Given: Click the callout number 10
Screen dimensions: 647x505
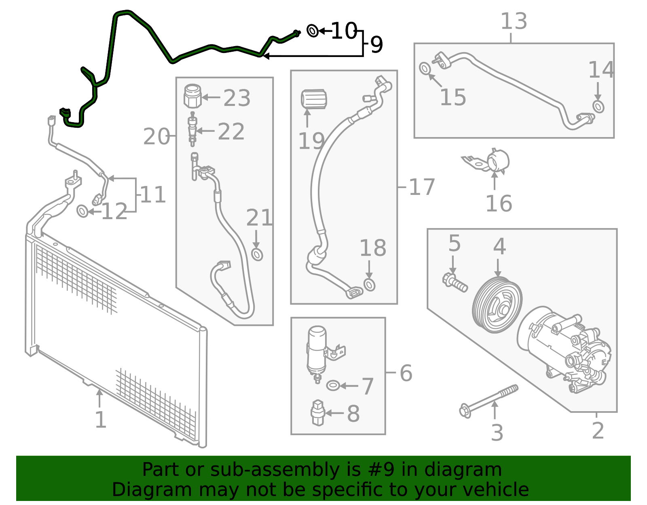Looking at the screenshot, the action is coord(344,31).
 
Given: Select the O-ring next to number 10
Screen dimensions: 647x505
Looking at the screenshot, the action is coord(313,31).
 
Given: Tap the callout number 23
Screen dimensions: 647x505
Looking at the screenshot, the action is coord(237,97).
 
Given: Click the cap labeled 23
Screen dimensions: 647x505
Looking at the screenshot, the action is coord(192,96).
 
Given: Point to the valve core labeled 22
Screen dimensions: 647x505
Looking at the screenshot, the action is coord(192,129).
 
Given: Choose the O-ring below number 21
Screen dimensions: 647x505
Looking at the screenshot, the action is coord(257,254).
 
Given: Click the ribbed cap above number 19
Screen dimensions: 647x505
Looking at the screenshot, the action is coord(314,99).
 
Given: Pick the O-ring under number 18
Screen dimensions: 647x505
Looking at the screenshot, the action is coord(370,285).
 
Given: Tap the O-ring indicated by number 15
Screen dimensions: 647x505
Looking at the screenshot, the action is coord(425,68).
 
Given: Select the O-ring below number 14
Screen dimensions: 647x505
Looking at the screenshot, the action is coord(598,107).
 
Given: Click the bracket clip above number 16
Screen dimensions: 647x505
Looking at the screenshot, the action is coord(487,161).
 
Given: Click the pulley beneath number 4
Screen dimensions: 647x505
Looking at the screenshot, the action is coord(497,305).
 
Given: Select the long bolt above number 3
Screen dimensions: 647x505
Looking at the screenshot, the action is coord(488,401).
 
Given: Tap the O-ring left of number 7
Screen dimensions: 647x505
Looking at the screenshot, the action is coord(332,386).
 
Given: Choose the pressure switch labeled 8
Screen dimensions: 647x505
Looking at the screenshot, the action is coord(318,413).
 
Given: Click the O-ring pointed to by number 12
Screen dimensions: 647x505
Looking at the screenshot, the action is coord(82,211).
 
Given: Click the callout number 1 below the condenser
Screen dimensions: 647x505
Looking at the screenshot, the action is coord(100,420).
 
